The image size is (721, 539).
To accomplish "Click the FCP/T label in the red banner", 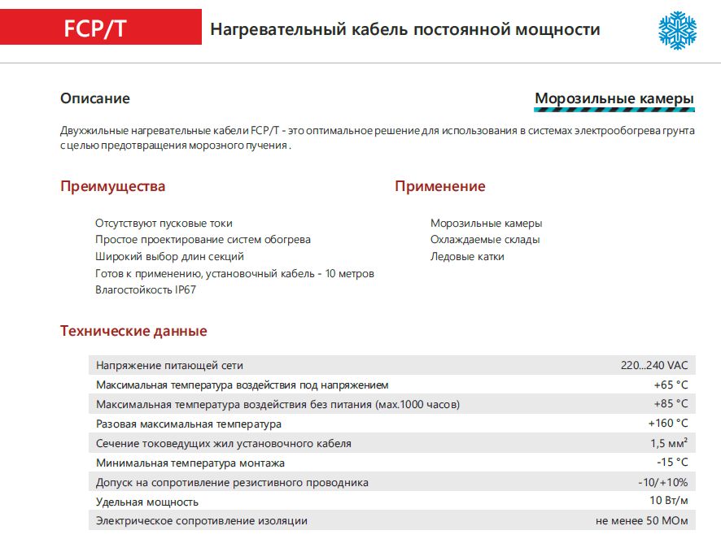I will click(94, 28).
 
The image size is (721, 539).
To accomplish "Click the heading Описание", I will click(95, 98).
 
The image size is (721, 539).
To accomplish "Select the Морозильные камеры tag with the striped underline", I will click(614, 99).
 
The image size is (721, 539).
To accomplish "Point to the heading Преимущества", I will click(112, 186).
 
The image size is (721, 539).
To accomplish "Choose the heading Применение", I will click(439, 186).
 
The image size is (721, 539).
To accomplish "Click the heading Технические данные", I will click(133, 331).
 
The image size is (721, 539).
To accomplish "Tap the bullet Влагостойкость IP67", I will click(146, 289).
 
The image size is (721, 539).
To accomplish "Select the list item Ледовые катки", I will click(467, 256).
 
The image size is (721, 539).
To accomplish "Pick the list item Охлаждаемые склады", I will click(485, 240).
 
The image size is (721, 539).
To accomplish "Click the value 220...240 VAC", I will click(654, 366).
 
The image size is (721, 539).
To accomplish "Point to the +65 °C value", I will click(671, 385).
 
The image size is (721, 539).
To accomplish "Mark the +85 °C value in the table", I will click(671, 404).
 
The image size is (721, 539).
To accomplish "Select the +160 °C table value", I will click(667, 424).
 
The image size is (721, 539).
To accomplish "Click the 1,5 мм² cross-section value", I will click(669, 443).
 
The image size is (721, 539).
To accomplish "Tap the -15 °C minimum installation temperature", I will click(672, 463).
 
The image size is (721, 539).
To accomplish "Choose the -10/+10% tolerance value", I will click(662, 482).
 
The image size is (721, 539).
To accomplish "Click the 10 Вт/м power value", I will click(669, 501).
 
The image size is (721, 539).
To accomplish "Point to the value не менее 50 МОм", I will click(642, 520).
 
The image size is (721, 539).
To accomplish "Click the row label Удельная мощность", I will click(147, 502).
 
